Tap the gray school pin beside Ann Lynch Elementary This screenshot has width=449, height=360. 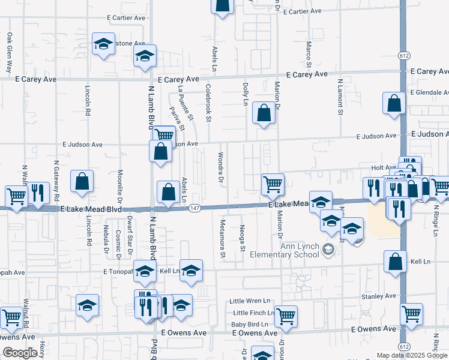click(328, 249)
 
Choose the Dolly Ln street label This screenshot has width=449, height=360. click(245, 94)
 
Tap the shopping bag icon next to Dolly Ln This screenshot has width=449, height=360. click(264, 112)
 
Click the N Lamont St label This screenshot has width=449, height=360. click(340, 96)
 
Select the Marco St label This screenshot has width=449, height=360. click(309, 55)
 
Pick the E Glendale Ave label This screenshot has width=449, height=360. click(429, 92)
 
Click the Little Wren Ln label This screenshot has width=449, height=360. click(251, 301)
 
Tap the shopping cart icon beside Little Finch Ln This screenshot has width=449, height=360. click(286, 316)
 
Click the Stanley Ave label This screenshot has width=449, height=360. click(378, 296)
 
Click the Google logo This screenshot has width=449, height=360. click(20, 353)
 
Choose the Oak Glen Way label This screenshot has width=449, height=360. click(10, 52)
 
